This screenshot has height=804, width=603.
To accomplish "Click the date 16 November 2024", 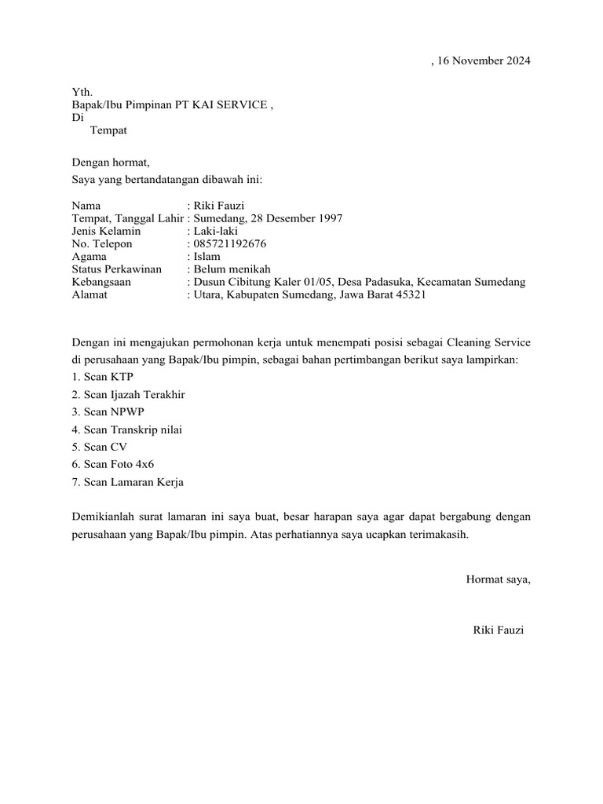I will (x=484, y=61).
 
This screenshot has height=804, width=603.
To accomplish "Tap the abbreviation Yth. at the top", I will (x=82, y=93).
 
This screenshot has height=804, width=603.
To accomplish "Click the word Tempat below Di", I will (x=108, y=130).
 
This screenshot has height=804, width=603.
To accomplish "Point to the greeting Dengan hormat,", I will (x=110, y=163).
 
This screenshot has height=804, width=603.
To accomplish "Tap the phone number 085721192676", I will (x=230, y=243).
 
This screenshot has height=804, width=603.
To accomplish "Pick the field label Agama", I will (x=88, y=256).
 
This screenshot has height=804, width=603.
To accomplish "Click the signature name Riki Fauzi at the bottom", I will (x=498, y=630).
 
